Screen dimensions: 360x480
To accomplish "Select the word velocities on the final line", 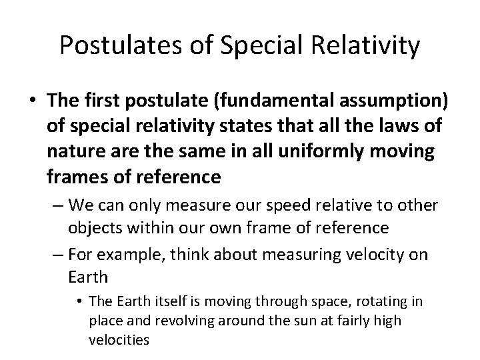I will click(x=118, y=340).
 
